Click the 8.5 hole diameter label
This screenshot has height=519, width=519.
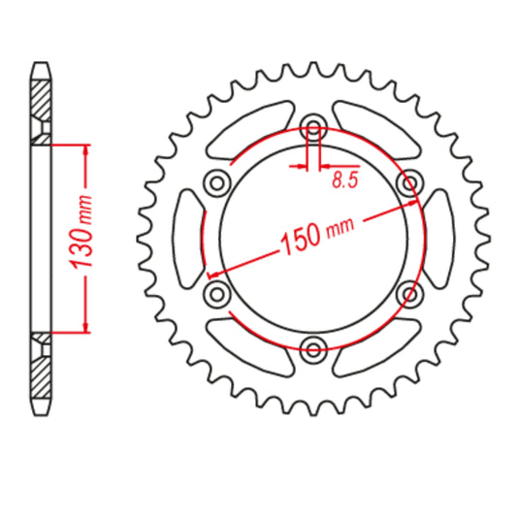(345, 180)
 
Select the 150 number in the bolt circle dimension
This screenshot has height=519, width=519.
(300, 240)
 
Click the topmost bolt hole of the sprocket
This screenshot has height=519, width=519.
(313, 127)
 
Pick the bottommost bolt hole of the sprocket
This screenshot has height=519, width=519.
(313, 349)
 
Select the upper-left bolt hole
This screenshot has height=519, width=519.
(217, 182)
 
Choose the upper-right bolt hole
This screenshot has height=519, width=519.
(409, 182)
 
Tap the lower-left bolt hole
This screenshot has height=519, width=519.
(217, 293)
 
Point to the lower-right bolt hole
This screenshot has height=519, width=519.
(409, 293)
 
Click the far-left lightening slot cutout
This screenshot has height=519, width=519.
(188, 239)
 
